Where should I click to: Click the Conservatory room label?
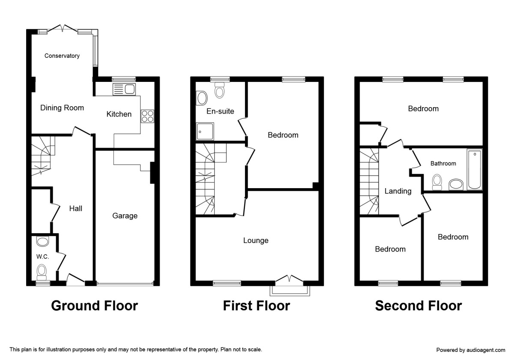tap(62, 56)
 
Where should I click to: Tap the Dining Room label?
tap(62, 108)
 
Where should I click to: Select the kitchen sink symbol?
tap(124, 90)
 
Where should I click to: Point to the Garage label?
tap(125, 216)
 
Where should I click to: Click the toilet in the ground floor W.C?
tap(42, 271)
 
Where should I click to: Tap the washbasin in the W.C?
tap(42, 242)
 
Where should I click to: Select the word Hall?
tap(76, 209)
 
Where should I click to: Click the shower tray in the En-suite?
tap(205, 132)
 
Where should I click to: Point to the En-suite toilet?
tap(220, 90)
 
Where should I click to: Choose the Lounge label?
tap(256, 240)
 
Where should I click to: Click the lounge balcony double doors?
tap(290, 279)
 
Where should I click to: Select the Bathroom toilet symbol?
tap(437, 182)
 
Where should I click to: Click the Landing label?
tap(398, 191)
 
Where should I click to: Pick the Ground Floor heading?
tap(94, 306)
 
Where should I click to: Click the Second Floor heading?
tap(418, 306)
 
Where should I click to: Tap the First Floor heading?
tap(256, 306)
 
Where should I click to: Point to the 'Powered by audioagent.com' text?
tap(471, 350)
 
